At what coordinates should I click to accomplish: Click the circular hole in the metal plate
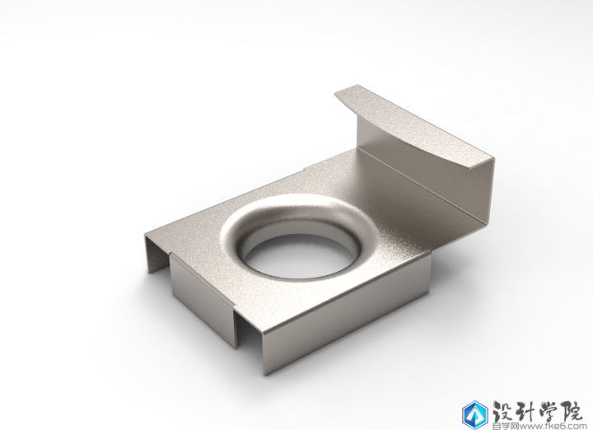click(299, 256)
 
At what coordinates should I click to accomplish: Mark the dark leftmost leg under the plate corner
click(155, 255)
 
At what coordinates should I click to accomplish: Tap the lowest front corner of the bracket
click(265, 376)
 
